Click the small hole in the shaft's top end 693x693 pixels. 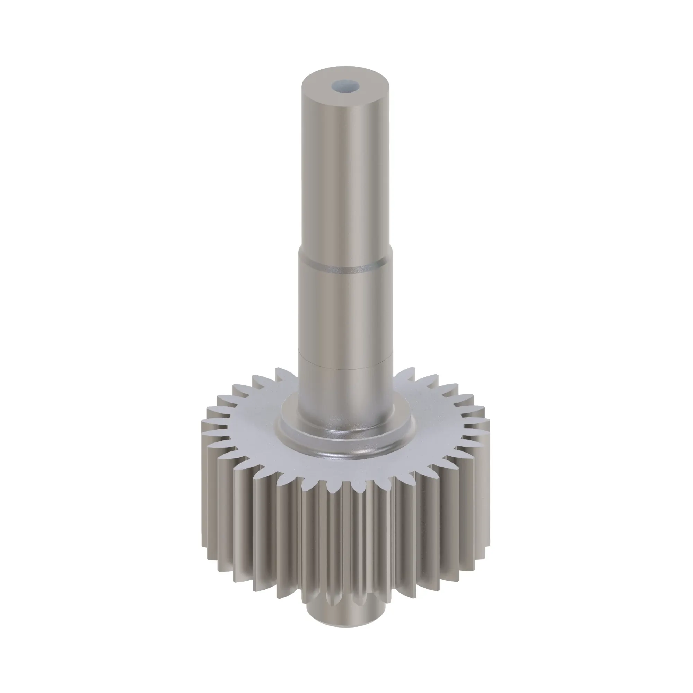[345, 86]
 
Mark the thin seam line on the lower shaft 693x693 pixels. [345, 368]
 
